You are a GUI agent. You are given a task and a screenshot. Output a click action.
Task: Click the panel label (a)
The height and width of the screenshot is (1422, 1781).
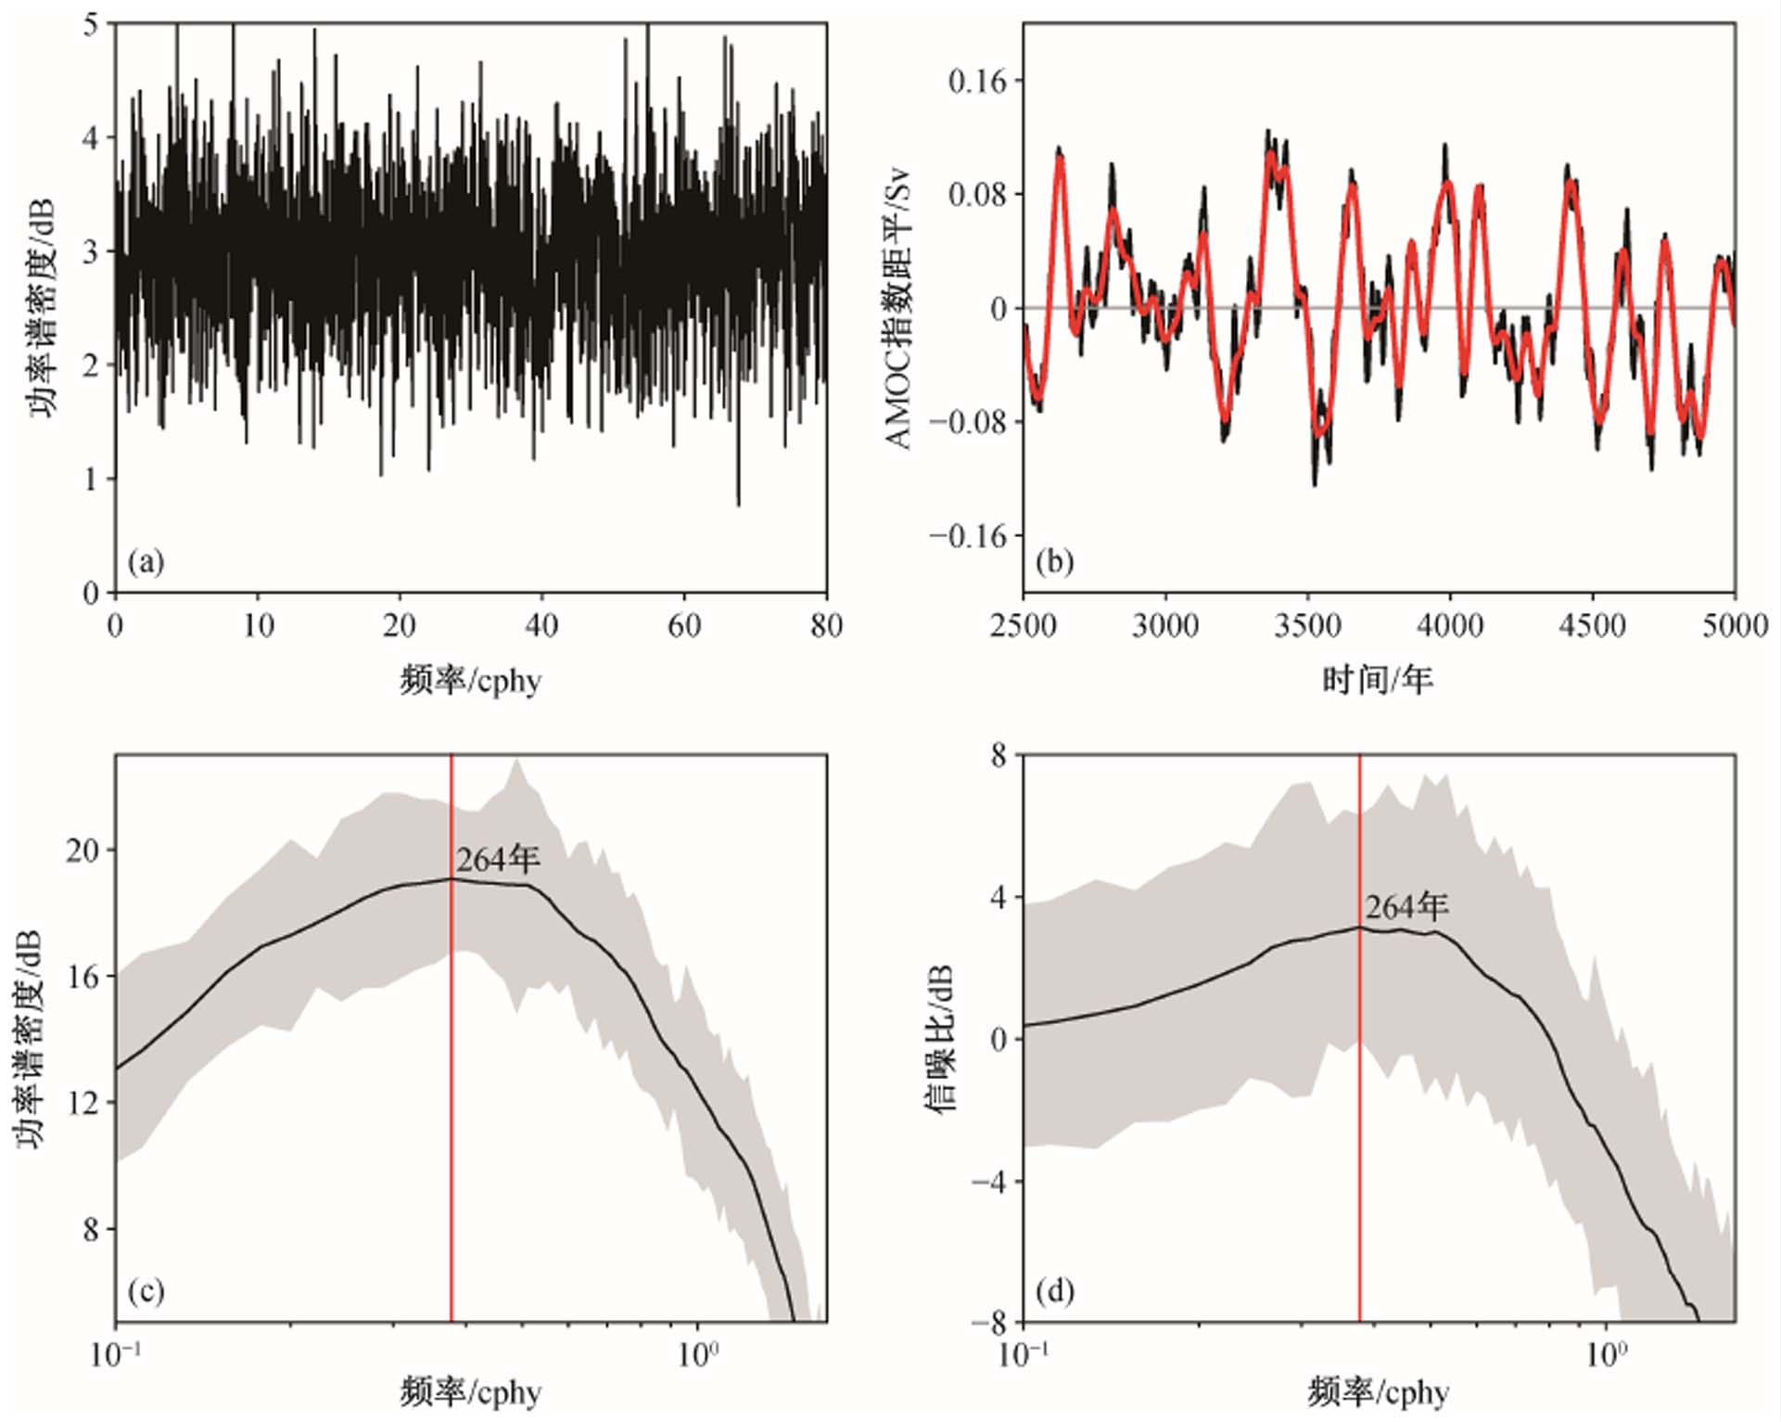(146, 562)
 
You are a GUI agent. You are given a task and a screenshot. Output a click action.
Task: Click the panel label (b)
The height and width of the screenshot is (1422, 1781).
(1055, 562)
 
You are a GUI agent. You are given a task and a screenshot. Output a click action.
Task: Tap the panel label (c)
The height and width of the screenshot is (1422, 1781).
(146, 1291)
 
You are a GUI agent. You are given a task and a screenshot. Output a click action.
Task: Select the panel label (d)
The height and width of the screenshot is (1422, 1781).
(1055, 1291)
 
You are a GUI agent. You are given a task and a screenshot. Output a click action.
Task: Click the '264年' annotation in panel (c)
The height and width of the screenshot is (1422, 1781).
(498, 860)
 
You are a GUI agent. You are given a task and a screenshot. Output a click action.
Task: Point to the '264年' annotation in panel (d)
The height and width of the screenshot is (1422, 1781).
(1406, 906)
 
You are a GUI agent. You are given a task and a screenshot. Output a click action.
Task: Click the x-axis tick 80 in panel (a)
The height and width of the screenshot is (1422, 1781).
(825, 626)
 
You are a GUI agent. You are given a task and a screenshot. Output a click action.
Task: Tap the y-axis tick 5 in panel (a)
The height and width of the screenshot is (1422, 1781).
(90, 25)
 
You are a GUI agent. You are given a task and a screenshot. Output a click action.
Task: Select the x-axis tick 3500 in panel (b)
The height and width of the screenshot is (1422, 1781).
(1308, 626)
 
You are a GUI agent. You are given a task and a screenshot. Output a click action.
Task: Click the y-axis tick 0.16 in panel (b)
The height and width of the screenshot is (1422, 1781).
(976, 82)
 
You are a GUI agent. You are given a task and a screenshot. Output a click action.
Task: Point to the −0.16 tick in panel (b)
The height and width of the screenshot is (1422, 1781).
(967, 536)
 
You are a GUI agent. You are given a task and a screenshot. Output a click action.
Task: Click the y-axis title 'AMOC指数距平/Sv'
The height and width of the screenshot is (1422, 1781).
(898, 309)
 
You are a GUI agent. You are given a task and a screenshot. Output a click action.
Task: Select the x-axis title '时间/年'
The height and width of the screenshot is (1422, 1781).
(1378, 680)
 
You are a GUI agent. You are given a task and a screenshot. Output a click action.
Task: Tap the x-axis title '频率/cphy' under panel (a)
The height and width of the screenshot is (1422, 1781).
(470, 680)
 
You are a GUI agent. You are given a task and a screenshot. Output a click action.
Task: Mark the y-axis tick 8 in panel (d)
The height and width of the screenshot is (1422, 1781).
(998, 756)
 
